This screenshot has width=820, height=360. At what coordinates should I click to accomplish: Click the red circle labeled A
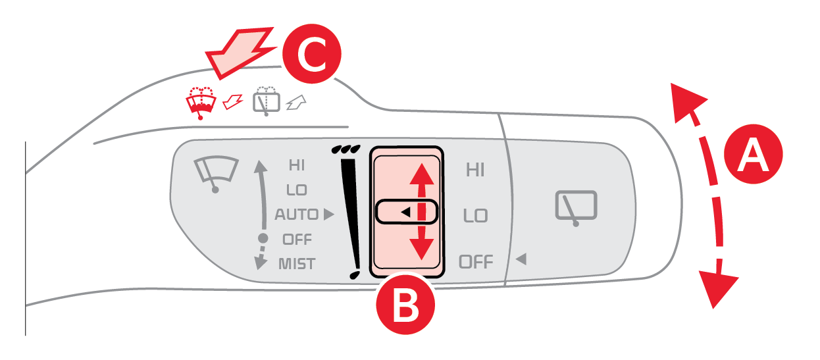tap(753, 154)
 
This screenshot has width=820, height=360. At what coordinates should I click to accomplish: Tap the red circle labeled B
tap(405, 305)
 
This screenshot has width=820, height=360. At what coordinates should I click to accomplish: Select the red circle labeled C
tap(312, 53)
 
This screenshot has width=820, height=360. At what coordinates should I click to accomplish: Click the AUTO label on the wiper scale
tap(297, 215)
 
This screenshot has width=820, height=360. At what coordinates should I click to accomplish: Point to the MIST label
tap(297, 264)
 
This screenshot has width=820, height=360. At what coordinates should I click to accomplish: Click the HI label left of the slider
tap(297, 165)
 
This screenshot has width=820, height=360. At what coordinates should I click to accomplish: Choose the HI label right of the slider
tap(475, 170)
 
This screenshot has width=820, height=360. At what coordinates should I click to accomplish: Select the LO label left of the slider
tap(297, 190)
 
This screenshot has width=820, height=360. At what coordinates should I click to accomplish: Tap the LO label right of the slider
tap(476, 216)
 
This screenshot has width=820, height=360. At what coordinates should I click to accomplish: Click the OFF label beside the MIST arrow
tap(297, 240)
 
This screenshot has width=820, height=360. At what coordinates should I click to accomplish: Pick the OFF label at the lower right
tap(476, 262)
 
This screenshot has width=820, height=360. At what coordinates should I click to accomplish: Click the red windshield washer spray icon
tap(201, 103)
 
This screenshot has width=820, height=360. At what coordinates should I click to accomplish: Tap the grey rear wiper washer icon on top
tap(267, 101)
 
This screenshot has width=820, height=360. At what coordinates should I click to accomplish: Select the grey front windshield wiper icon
tap(216, 174)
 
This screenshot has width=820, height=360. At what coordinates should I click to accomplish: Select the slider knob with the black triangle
tap(406, 212)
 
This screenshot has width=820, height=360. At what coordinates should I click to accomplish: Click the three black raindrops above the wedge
tap(346, 149)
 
